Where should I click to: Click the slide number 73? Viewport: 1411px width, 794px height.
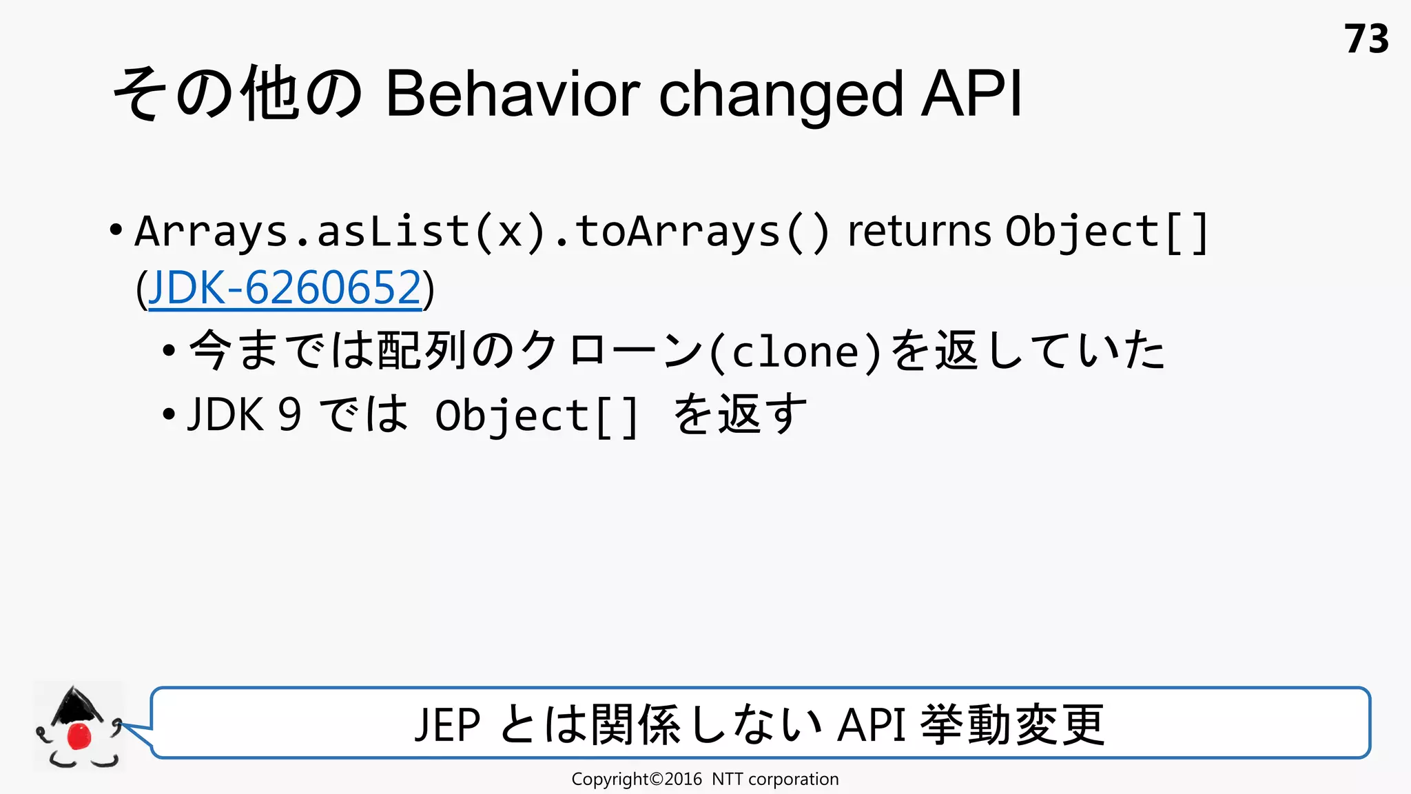pos(1366,39)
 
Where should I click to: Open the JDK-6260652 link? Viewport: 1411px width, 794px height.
pos(285,288)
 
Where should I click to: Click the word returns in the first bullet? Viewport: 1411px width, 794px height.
pos(919,231)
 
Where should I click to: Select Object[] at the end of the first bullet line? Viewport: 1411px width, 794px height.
pos(1106,232)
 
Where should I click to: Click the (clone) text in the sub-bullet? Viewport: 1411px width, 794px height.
pos(796,353)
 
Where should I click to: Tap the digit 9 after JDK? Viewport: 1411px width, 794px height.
pos(289,415)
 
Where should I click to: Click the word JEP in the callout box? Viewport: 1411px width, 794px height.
pos(447,725)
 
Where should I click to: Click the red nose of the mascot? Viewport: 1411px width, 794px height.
pos(79,736)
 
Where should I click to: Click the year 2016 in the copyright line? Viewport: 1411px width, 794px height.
pos(683,780)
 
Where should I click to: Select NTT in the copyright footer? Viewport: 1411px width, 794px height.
pos(727,780)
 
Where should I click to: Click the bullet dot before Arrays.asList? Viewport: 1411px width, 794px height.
pos(116,230)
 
